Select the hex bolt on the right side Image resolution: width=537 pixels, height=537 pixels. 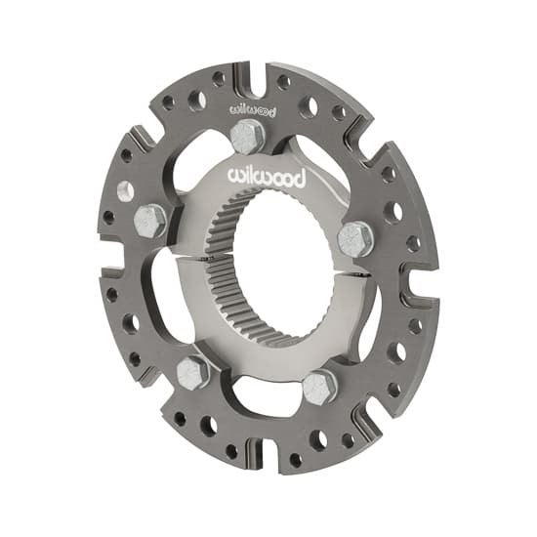pos(355,237)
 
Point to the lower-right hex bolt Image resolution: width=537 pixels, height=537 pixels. pos(319,386)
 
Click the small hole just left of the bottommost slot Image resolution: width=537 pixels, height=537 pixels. pos(231,451)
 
